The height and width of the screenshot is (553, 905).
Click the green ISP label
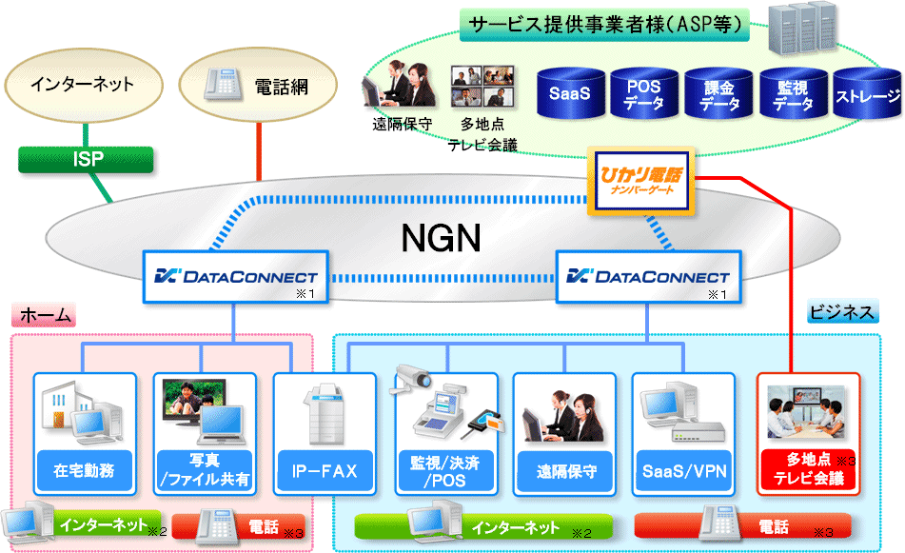click(x=87, y=159)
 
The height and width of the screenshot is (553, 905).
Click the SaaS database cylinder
click(x=570, y=93)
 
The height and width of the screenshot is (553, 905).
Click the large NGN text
click(x=453, y=237)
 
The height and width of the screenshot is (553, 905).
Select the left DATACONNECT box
click(x=236, y=277)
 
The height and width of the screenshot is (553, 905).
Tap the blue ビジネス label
click(x=842, y=313)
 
